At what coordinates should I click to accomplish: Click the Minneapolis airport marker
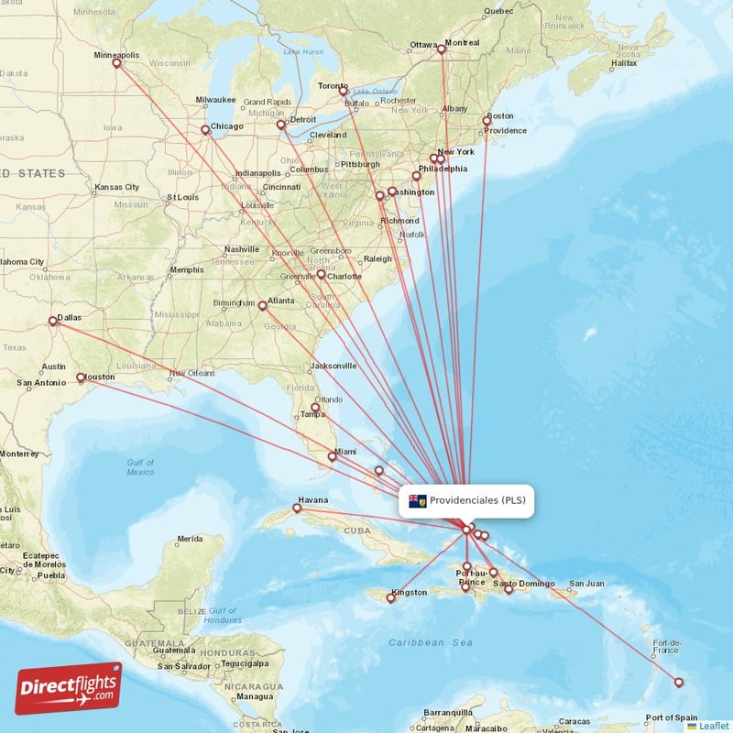tap(116, 62)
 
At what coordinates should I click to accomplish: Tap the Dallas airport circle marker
tap(52, 322)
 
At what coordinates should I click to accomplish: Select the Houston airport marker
tap(81, 377)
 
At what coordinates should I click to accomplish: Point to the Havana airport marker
tap(297, 508)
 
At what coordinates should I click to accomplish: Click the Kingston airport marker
tap(391, 599)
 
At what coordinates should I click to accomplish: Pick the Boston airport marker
tap(487, 121)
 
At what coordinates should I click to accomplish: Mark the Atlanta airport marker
tap(262, 306)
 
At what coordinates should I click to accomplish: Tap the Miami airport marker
tap(333, 456)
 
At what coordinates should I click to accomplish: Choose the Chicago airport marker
tap(205, 130)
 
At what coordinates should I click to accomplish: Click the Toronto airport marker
tap(344, 91)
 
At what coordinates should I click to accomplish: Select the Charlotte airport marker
tap(322, 274)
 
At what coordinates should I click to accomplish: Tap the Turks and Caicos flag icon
tap(418, 501)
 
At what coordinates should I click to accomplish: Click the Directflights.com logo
tap(69, 688)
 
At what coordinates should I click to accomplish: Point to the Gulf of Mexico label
tap(140, 466)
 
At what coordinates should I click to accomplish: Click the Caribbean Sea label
tap(430, 643)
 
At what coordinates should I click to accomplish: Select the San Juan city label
tap(586, 584)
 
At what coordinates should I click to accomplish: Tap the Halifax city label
tap(624, 63)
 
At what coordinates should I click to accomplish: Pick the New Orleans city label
tap(191, 373)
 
